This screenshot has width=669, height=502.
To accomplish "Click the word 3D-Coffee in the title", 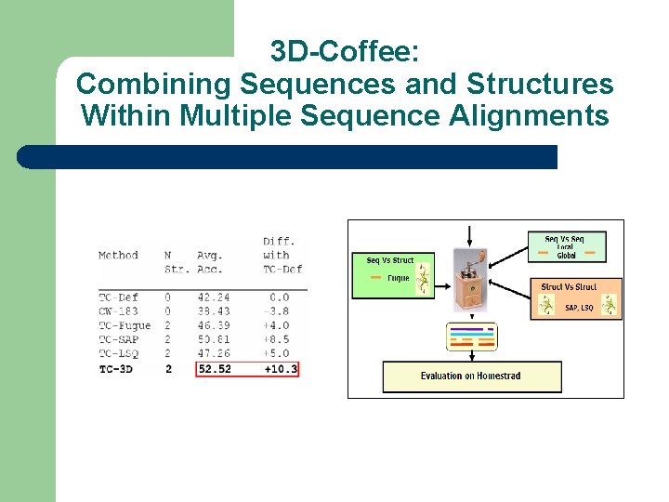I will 344,50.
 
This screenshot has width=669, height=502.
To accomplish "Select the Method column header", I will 118,255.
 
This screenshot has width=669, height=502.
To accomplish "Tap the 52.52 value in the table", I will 214,369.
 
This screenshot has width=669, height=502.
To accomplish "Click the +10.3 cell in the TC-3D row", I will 281,369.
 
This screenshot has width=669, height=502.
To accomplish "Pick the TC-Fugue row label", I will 124,325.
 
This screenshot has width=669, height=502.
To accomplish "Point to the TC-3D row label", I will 118,369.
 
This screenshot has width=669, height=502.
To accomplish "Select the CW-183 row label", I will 118,311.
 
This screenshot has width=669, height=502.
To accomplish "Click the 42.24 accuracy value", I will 214,297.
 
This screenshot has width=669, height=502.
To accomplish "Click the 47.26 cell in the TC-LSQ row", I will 214,353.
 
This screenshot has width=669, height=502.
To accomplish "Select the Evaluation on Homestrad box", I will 471,376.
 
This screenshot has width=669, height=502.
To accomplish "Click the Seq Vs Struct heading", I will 390,260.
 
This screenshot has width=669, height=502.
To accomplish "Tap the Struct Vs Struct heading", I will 569,287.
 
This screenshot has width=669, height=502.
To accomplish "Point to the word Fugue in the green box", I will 398,278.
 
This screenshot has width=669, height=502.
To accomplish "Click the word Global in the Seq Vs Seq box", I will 566,255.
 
